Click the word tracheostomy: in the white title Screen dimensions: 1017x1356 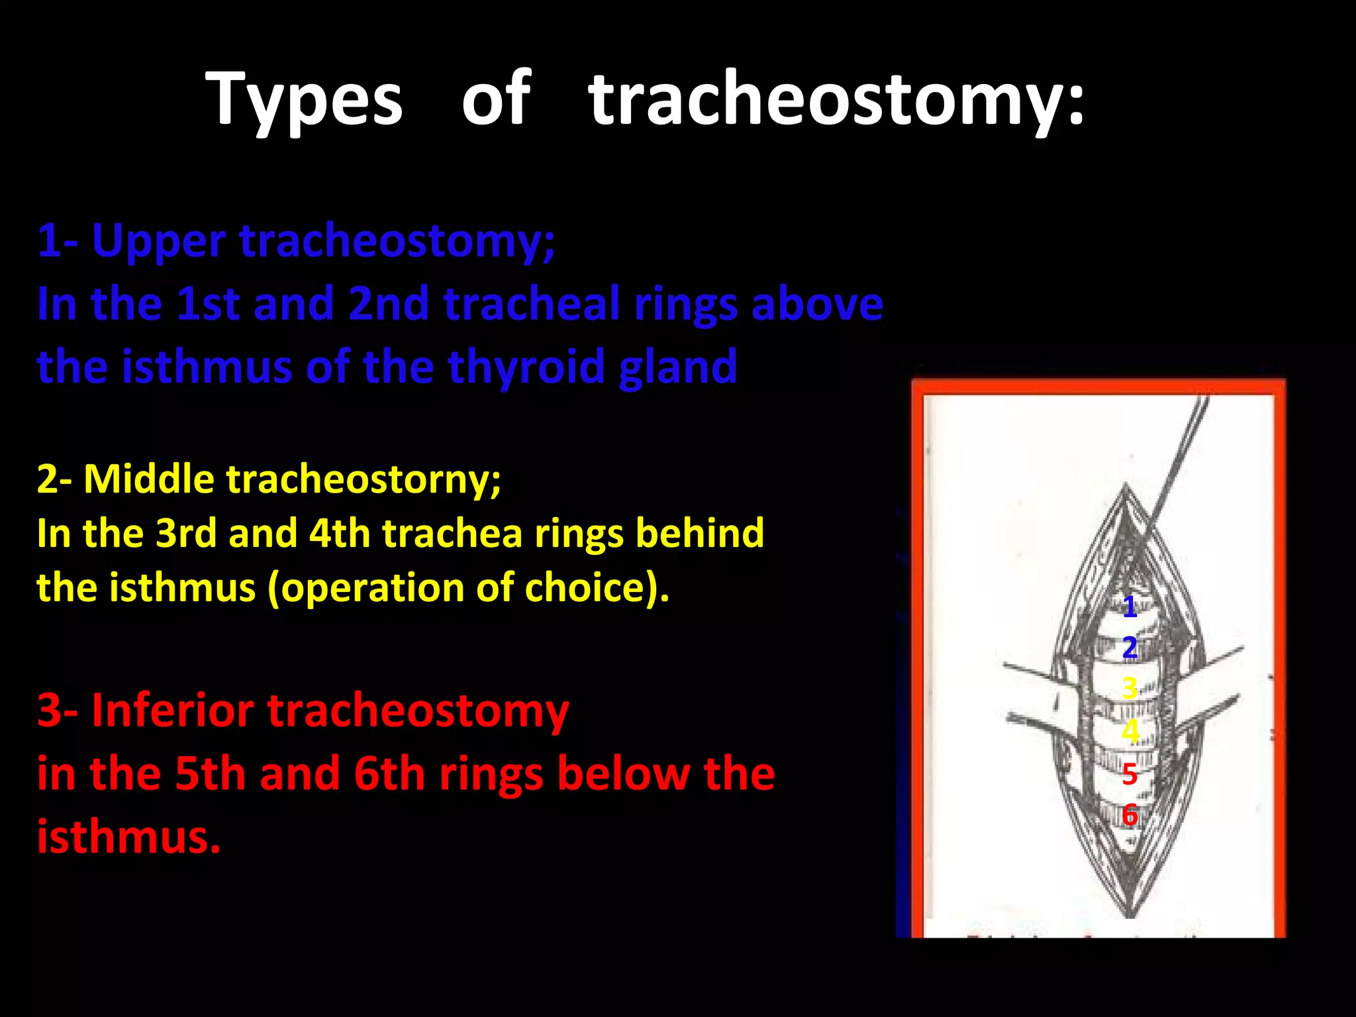[x=836, y=99]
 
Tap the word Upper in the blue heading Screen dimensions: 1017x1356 [x=159, y=242]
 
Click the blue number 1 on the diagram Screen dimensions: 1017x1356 [x=1130, y=606]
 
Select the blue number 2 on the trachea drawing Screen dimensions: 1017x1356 [x=1130, y=647]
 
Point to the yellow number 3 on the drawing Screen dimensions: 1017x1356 [x=1130, y=689]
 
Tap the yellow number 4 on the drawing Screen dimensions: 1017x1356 [x=1130, y=731]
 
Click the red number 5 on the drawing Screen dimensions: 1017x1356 [x=1130, y=773]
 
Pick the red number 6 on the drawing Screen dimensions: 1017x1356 [x=1130, y=815]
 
